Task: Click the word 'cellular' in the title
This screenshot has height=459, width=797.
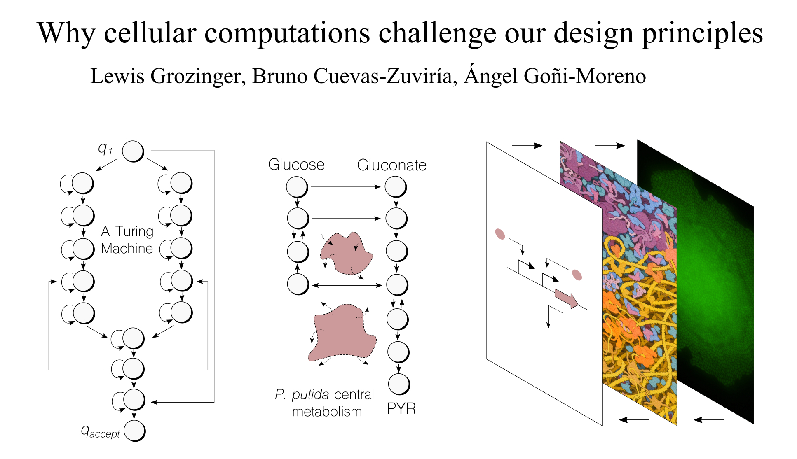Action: [x=150, y=33]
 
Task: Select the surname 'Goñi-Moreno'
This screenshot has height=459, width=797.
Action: [x=584, y=76]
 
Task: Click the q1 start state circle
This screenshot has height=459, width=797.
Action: [x=133, y=151]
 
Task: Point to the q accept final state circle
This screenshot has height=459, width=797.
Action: [x=134, y=431]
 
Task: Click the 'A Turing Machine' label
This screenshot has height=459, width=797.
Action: [x=127, y=240]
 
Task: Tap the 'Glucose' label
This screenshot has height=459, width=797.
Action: [x=296, y=165]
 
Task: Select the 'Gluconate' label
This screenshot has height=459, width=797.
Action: [x=391, y=165]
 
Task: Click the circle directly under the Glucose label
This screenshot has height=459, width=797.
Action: [x=297, y=187]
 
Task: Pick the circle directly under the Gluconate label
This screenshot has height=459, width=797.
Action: [x=396, y=187]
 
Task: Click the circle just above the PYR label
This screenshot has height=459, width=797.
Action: [x=399, y=384]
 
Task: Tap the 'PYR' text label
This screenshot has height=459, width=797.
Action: [x=401, y=408]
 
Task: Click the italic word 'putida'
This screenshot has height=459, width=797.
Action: [x=310, y=394]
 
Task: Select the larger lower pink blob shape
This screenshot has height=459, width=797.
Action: [x=342, y=333]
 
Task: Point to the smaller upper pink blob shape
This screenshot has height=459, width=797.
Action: [x=346, y=253]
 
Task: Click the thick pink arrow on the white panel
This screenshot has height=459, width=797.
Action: [x=566, y=298]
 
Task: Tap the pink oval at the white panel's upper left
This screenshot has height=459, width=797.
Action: [x=500, y=234]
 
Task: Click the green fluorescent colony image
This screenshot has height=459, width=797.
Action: [x=696, y=282]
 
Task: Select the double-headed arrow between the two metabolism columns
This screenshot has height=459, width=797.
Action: [x=347, y=285]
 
